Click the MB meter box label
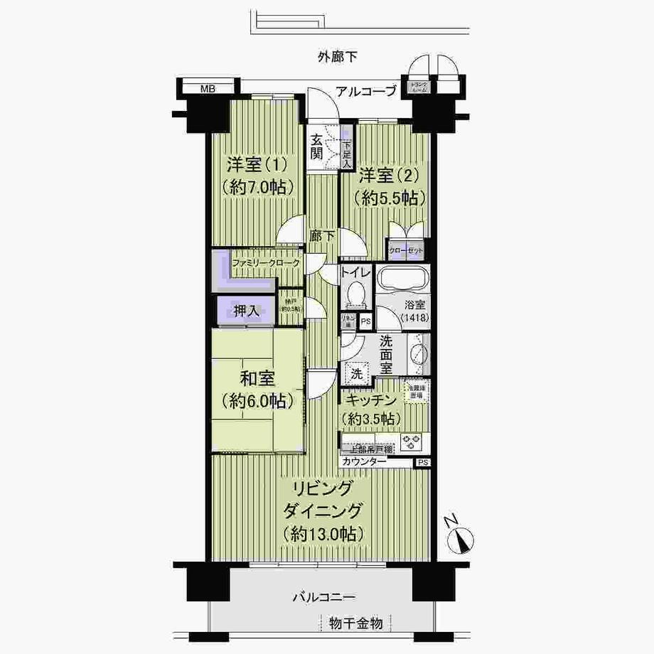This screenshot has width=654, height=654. [208, 90]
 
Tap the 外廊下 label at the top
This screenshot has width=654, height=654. [338, 56]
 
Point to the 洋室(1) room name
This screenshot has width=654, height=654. [256, 165]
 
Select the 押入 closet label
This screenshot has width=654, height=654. [247, 311]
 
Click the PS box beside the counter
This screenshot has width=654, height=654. [423, 462]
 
